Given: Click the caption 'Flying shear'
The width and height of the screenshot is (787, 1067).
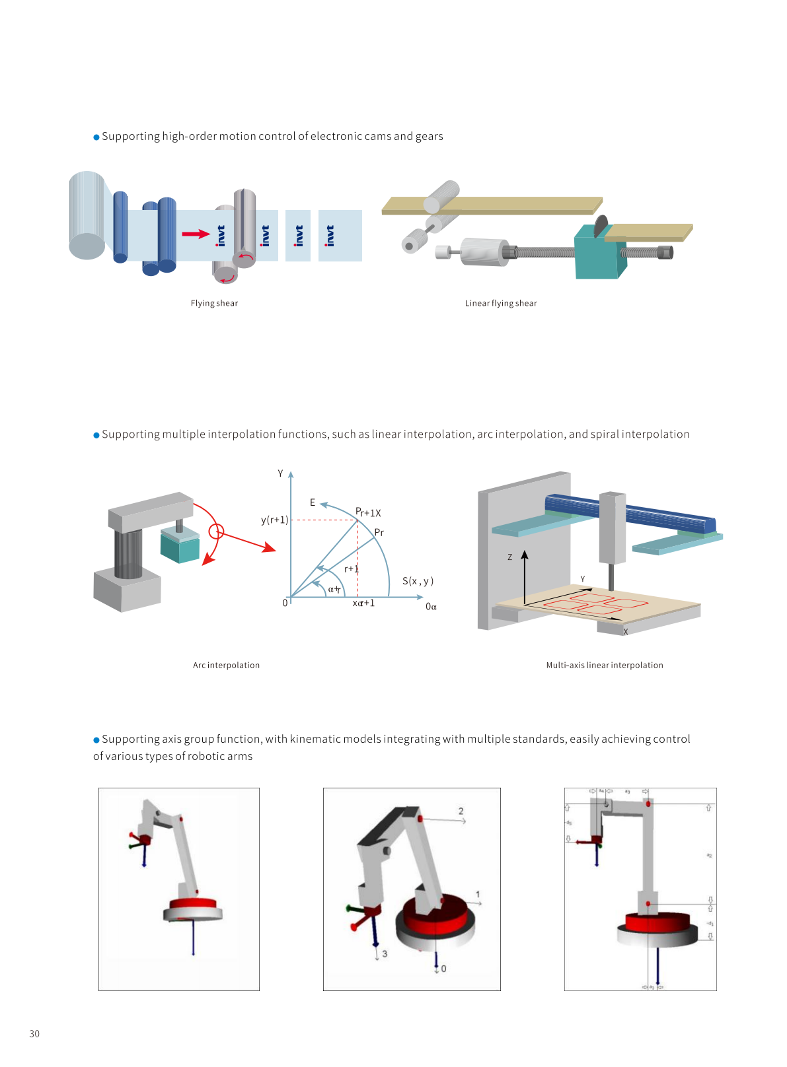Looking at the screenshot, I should (214, 303).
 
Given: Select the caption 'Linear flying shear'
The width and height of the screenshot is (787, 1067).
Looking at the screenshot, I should (501, 303).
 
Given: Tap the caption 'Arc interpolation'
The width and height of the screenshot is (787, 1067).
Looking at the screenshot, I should (226, 665).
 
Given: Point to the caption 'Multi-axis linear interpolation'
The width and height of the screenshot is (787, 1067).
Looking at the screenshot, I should (605, 665).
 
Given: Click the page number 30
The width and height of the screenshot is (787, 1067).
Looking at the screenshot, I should (34, 1033).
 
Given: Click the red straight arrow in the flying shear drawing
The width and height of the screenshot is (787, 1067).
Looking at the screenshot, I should (196, 234).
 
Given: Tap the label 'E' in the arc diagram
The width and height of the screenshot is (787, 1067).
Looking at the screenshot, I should (313, 502).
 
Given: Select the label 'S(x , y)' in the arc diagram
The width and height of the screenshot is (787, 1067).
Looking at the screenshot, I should (418, 581).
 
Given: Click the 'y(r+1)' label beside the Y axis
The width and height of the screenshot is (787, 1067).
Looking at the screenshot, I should (274, 520).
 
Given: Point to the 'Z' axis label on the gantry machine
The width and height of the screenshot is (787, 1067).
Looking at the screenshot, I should (509, 557).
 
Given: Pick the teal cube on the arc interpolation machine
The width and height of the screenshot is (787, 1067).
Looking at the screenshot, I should (180, 549).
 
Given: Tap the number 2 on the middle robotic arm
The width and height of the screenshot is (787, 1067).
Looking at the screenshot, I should (461, 811).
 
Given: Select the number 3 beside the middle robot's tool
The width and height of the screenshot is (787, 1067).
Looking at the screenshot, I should (385, 953).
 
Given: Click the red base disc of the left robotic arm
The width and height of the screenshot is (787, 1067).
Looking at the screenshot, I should (193, 903).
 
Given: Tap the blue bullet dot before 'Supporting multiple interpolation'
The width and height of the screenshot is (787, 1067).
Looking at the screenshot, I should (96, 434).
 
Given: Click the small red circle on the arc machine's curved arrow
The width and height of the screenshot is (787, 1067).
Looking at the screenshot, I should (216, 531).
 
